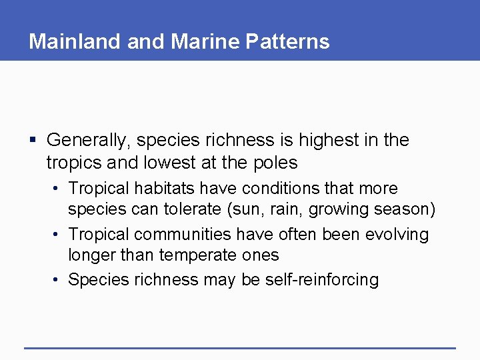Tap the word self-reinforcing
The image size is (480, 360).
[321, 279]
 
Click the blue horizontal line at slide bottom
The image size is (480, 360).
[240, 347]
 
